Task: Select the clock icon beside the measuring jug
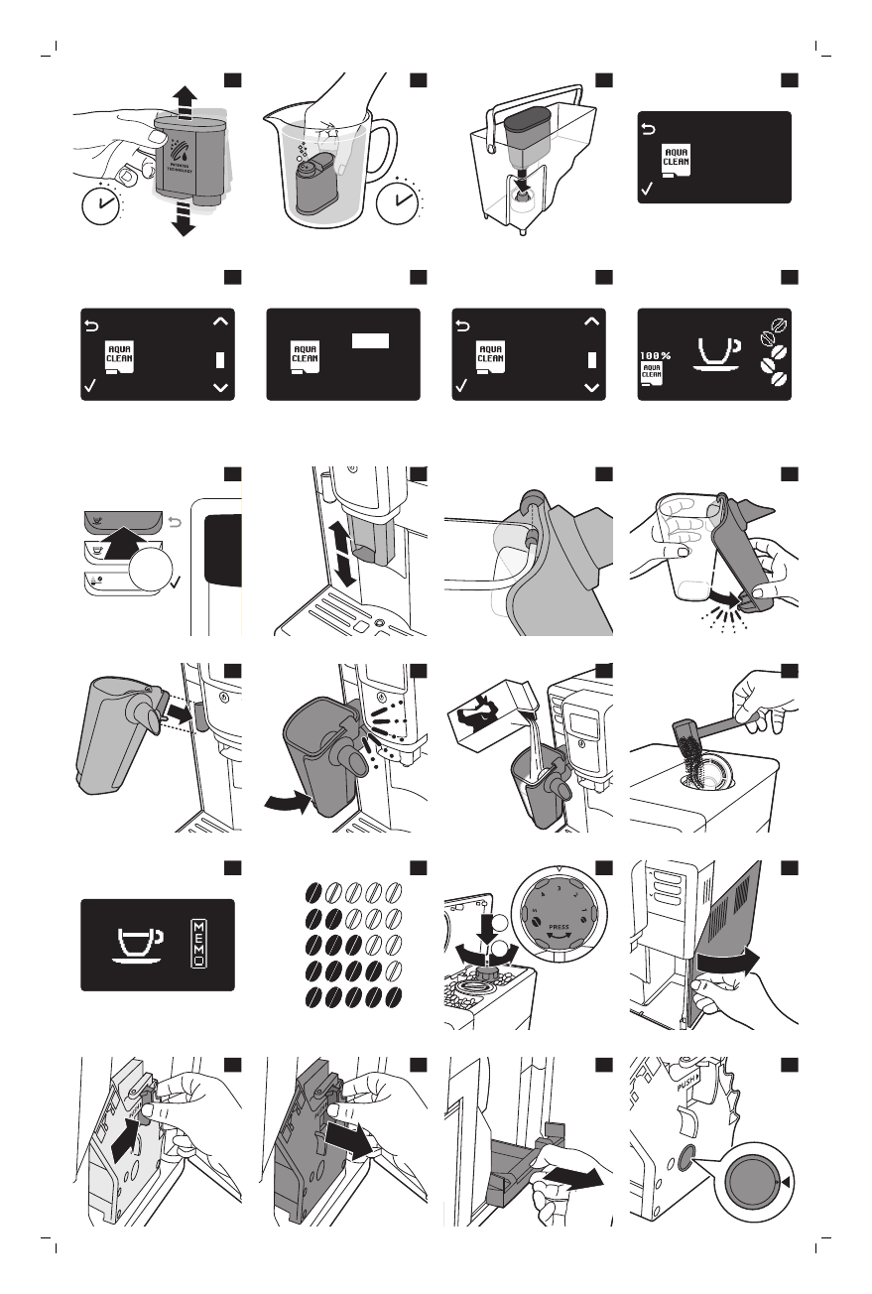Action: click(399, 199)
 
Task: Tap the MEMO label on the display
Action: click(197, 944)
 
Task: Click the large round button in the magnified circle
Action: click(752, 1184)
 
